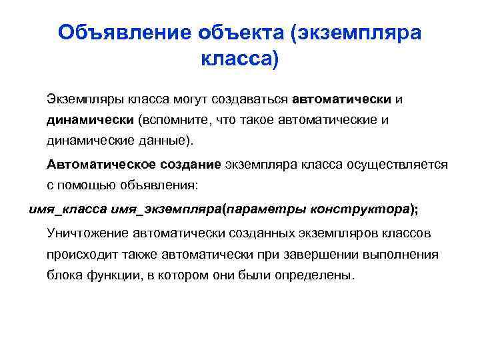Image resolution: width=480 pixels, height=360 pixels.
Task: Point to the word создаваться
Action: click(x=249, y=99)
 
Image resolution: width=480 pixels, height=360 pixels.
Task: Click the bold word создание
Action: click(x=191, y=164)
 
